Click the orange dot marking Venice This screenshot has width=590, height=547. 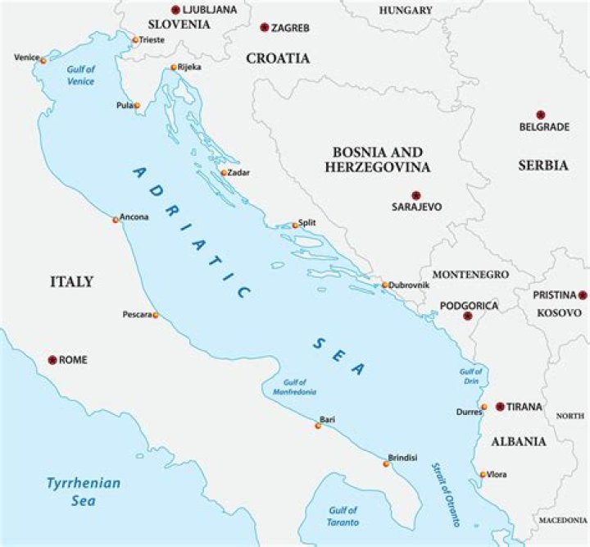43,61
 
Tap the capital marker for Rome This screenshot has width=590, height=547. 52,360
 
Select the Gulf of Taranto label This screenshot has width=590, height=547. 343,515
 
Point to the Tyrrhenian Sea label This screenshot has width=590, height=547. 83,490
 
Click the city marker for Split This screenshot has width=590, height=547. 295,225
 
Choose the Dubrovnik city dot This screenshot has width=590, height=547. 384,285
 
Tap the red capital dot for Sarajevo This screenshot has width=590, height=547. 415,194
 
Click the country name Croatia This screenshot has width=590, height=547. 279,58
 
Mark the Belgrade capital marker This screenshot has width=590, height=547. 540,115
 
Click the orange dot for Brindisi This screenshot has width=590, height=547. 386,464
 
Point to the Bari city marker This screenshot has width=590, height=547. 318,426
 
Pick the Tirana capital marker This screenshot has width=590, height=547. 499,407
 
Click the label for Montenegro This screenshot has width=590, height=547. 470,274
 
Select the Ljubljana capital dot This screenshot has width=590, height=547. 175,10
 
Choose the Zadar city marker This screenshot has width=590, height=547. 223,173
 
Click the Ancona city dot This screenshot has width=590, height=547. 116,220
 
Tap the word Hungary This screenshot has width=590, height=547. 406,10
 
